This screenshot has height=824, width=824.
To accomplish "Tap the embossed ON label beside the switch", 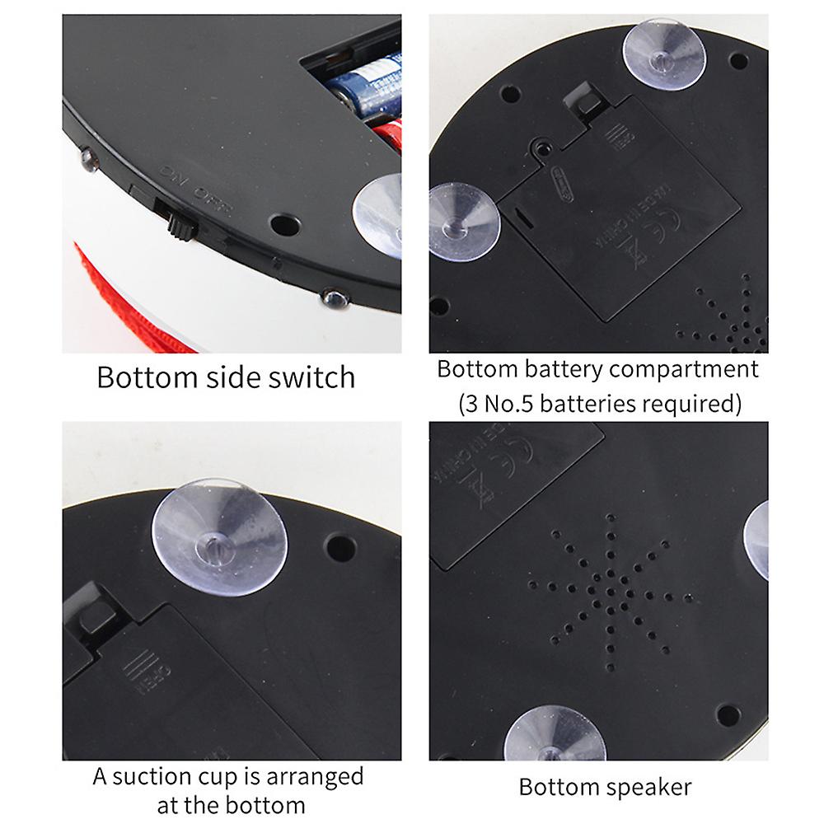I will pyautogui.click(x=172, y=176).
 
